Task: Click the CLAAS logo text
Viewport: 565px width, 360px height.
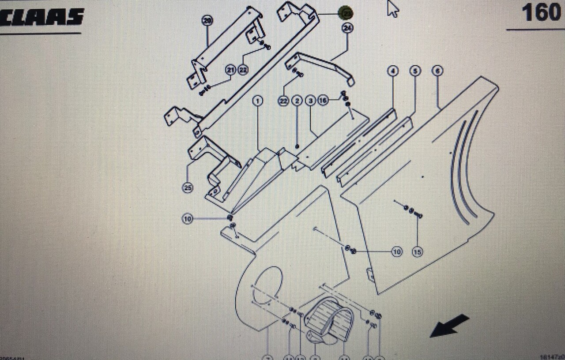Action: coord(42,16)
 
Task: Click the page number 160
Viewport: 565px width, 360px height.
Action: coord(541,13)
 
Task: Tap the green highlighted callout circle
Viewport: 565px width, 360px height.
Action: coord(346,13)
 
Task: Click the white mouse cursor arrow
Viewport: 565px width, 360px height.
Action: coord(392,9)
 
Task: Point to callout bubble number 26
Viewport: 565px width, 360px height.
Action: coord(207,20)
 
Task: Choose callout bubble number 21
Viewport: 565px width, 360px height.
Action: coord(230,70)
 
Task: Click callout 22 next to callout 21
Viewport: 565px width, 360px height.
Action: coord(243,70)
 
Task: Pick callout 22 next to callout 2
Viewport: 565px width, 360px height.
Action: coord(283,101)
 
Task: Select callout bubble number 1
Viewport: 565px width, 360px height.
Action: coord(258,101)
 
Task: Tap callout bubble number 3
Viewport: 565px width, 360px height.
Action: coord(310,101)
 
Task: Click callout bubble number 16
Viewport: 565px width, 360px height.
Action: coord(323,101)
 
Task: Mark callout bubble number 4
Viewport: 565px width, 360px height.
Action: coord(393,71)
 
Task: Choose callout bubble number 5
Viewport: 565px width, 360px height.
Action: coord(415,71)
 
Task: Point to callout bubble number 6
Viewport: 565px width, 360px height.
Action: coord(437,71)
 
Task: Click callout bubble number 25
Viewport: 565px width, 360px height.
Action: coord(188,188)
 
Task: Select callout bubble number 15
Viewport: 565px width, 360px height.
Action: coord(417,252)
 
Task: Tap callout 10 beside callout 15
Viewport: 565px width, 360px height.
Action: coord(397,252)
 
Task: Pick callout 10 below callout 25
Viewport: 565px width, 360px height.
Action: coord(188,218)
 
